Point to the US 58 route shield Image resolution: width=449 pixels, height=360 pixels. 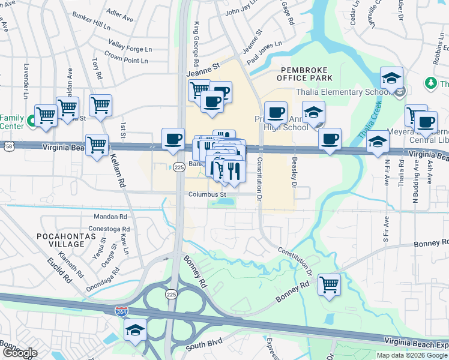pyautogui.click(x=8, y=146)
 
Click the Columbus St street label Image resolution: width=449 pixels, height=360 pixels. pyautogui.click(x=206, y=194)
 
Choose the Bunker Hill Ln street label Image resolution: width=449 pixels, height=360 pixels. pyautogui.click(x=90, y=26)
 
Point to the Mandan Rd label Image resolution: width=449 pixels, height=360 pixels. pyautogui.click(x=111, y=217)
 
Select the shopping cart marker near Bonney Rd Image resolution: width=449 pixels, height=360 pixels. pyautogui.click(x=329, y=284)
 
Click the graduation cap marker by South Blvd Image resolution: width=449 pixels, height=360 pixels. pyautogui.click(x=135, y=329)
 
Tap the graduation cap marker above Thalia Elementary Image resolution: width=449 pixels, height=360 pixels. pyautogui.click(x=391, y=77)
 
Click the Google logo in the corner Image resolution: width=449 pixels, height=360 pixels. pyautogui.click(x=19, y=353)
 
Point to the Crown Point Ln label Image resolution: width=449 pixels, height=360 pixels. pyautogui.click(x=126, y=61)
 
